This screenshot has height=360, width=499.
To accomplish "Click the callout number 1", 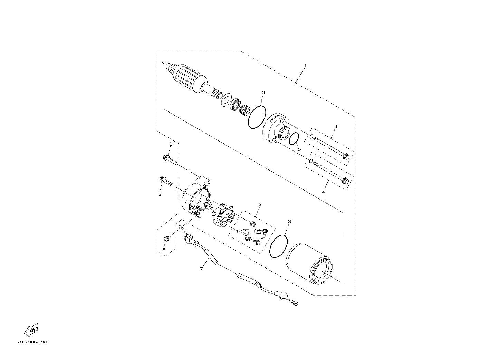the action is pos(305,66).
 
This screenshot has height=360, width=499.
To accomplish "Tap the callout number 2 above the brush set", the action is pos(260,204).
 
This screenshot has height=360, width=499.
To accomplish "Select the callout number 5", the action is pos(299,149).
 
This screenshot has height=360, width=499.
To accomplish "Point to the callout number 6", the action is pos(164,250).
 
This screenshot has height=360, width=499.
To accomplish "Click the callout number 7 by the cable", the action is pos(201,269).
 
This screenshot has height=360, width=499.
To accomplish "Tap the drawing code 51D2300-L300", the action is pos(33,342).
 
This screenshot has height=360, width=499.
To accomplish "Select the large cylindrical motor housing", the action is pos(309,264).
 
